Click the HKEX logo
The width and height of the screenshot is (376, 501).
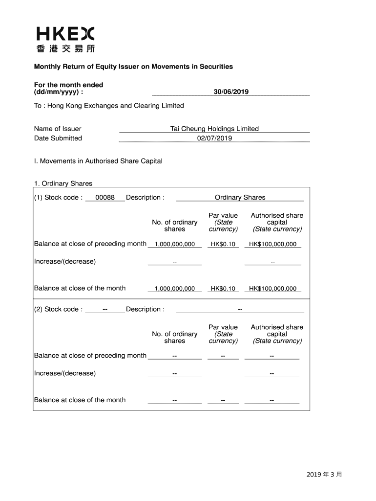65,34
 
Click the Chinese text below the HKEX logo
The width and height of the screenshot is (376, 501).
65,48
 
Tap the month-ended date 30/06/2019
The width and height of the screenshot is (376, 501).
231,91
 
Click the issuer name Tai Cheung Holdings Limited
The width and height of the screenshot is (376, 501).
214,129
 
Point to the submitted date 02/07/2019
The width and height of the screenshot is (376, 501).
214,138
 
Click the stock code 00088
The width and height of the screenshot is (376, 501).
105,198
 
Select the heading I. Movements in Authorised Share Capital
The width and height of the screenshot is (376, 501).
98,161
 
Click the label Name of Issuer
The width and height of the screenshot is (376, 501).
58,129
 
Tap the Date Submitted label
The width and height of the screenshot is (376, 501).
58,138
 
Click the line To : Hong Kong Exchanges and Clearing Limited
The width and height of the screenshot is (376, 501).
109,106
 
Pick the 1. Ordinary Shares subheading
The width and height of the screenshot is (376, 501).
63,183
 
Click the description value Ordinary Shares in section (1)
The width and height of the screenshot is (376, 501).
240,198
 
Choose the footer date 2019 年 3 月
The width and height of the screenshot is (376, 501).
325,475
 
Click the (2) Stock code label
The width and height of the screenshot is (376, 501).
58,309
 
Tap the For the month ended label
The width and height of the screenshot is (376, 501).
68,85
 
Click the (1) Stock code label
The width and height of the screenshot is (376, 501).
58,198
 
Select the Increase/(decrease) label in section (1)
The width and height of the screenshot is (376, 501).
65,261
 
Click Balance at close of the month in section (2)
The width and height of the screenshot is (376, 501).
80,400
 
